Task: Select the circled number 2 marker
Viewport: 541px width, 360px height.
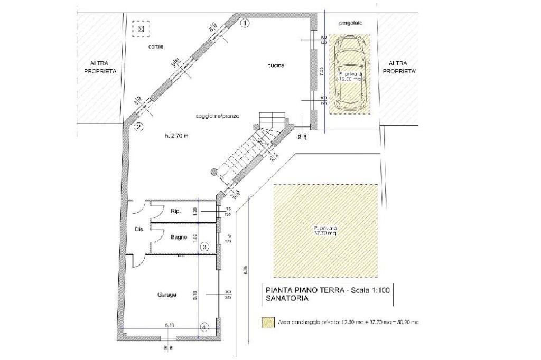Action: coord(138,126)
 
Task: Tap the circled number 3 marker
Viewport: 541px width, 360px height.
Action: coord(204,246)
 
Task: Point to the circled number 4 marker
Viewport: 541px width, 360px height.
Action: coord(204,327)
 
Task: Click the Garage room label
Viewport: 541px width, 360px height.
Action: coord(166,294)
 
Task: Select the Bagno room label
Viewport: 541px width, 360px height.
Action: coord(179,238)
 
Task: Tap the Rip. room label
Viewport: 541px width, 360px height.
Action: coord(176,211)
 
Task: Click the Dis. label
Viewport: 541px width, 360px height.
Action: coord(139,229)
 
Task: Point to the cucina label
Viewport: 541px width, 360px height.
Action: coord(276,65)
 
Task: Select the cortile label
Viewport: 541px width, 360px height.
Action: coord(155,46)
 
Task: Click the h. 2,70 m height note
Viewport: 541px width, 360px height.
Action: coord(177,136)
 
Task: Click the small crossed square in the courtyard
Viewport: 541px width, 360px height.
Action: coord(141,29)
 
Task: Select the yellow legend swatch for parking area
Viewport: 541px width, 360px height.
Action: coord(269,321)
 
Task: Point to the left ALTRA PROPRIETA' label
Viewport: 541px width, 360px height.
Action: coord(96,67)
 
